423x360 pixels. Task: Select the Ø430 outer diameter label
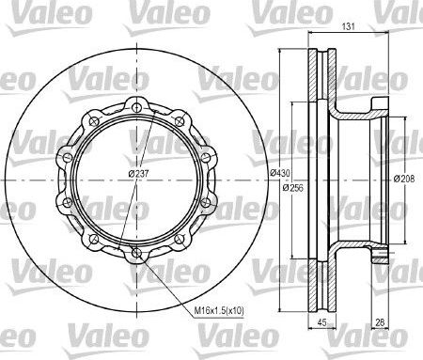point(279,173)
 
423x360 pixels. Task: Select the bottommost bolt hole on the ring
point(137,252)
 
